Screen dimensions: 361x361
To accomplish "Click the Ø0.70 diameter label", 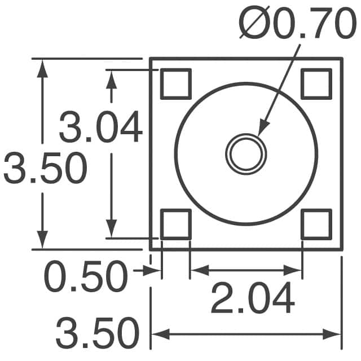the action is (x=297, y=23).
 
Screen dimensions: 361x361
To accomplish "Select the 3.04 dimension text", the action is (x=100, y=126).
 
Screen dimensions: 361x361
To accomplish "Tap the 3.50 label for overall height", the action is (x=45, y=168).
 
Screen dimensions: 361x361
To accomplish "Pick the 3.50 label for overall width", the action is (x=98, y=333).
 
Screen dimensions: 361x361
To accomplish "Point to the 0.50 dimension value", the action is (x=86, y=276).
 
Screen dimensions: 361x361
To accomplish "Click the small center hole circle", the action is (x=246, y=154).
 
